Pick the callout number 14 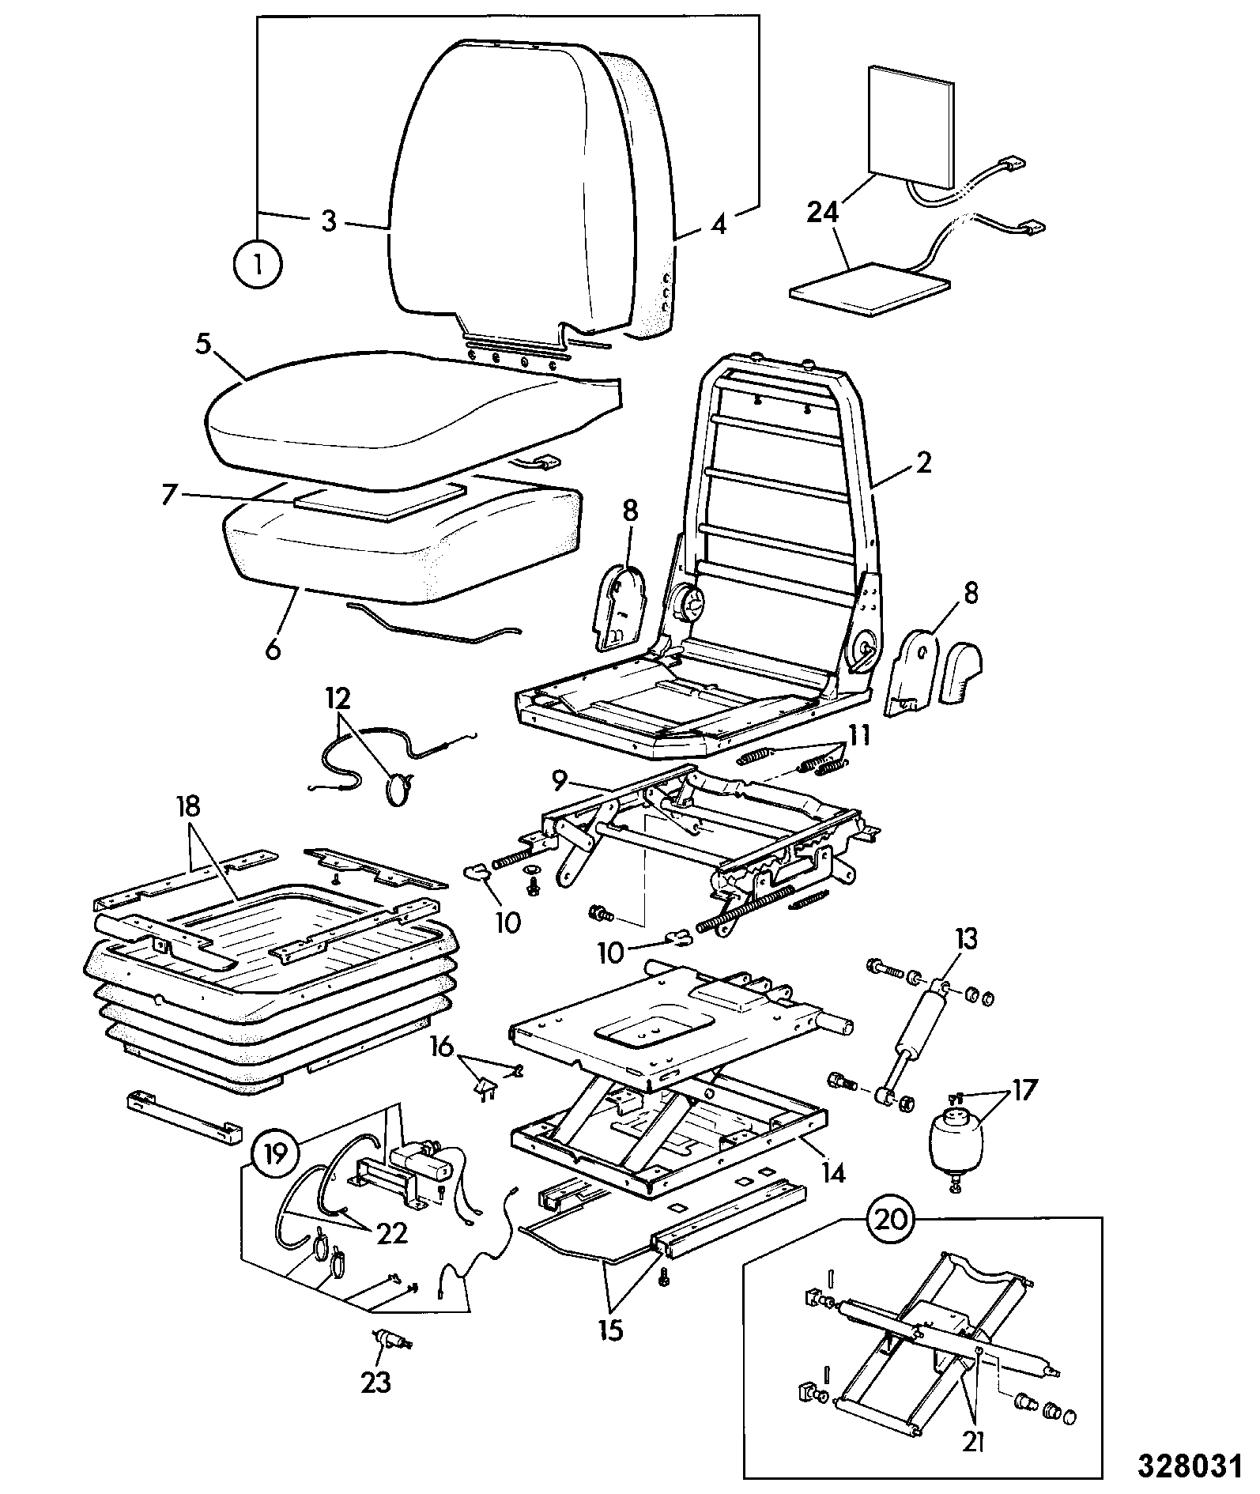pos(826,1172)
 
